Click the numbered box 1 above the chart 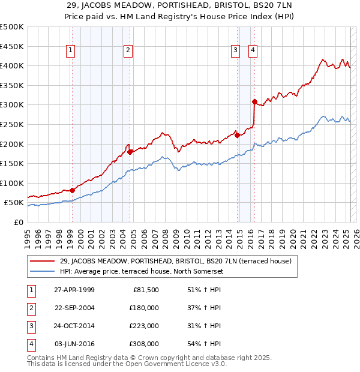click(x=71, y=50)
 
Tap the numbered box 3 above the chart click(x=236, y=50)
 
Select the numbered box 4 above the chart click(x=253, y=50)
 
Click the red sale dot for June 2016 click(x=254, y=101)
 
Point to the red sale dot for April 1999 click(x=73, y=190)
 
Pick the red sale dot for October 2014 click(x=237, y=135)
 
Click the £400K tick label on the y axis click(x=12, y=65)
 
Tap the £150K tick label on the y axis click(x=12, y=163)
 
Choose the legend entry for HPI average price click(x=142, y=272)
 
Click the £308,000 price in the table click(x=144, y=344)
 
